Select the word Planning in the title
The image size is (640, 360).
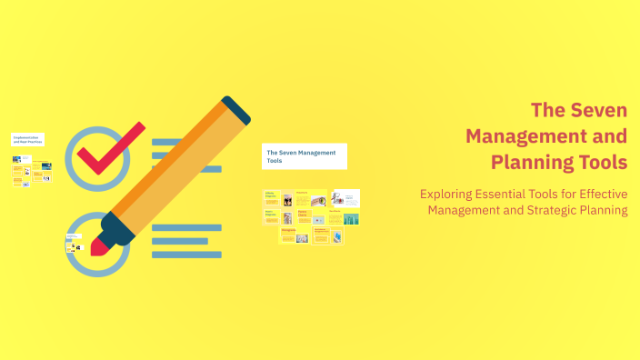coord(528,163)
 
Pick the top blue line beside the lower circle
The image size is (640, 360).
coord(186,227)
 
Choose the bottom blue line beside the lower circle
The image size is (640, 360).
coord(186,255)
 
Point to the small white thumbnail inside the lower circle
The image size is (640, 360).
coord(74,244)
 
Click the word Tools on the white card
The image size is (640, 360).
coord(274,162)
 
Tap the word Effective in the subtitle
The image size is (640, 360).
coord(597,194)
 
